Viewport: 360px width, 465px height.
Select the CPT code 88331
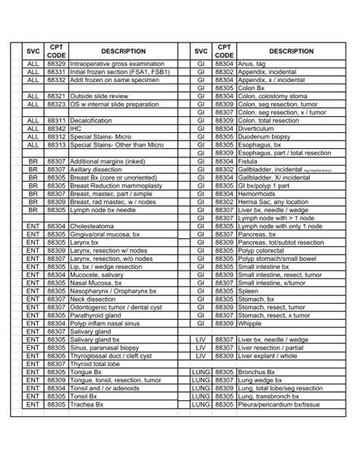pyautogui.click(x=56, y=74)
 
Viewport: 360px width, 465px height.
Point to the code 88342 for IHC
pyautogui.click(x=56, y=128)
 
